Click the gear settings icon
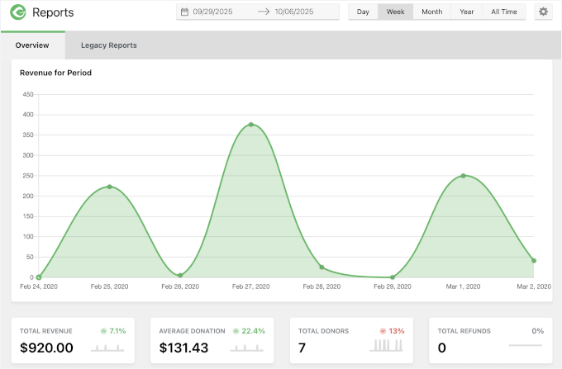click(543, 12)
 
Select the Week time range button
click(395, 12)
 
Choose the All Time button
click(504, 12)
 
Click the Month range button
click(431, 12)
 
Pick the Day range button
click(363, 12)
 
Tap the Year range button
click(467, 12)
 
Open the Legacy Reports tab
click(108, 45)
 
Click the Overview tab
click(32, 45)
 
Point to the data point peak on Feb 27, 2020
click(250, 125)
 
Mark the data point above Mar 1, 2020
click(463, 176)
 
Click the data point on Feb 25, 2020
click(109, 187)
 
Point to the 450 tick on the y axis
click(27, 94)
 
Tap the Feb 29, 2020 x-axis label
click(392, 286)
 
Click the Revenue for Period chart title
click(55, 73)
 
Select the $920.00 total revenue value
click(46, 348)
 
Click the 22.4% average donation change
click(254, 331)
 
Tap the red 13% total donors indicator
click(396, 331)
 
